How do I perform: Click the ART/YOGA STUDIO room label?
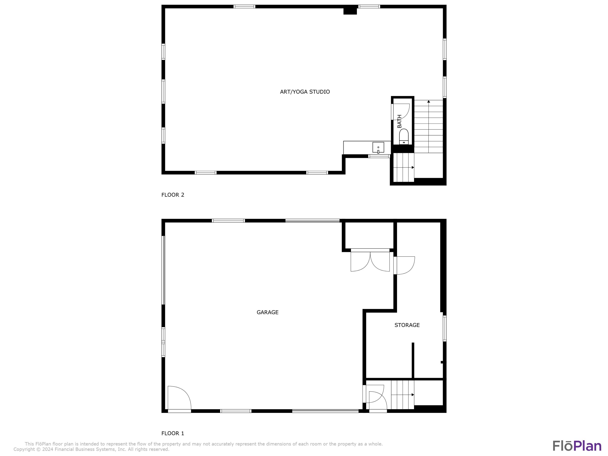(305, 92)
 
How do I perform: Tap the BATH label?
(399, 121)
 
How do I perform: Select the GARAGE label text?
(268, 312)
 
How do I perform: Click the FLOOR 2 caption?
(173, 195)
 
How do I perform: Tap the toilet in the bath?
(404, 137)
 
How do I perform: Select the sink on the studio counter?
(378, 147)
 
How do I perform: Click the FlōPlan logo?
(577, 446)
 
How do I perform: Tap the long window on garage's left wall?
(163, 270)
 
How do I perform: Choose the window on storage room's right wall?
(444, 329)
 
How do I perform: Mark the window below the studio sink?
(379, 156)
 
